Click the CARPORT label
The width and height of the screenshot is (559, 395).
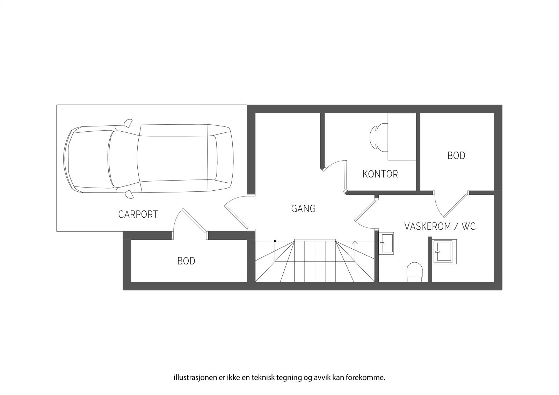click(x=138, y=214)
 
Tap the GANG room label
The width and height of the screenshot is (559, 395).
click(x=303, y=209)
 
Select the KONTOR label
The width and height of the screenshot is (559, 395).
click(x=380, y=174)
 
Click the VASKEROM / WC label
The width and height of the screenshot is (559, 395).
click(x=440, y=226)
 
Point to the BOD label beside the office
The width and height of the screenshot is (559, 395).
click(x=456, y=155)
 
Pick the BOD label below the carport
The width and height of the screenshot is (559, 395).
click(x=186, y=261)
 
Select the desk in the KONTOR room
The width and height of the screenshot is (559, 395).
click(x=402, y=137)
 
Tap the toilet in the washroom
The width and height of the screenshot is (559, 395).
click(x=415, y=271)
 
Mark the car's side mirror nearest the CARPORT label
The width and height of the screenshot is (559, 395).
click(x=129, y=194)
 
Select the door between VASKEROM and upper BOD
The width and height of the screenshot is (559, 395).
click(x=455, y=205)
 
